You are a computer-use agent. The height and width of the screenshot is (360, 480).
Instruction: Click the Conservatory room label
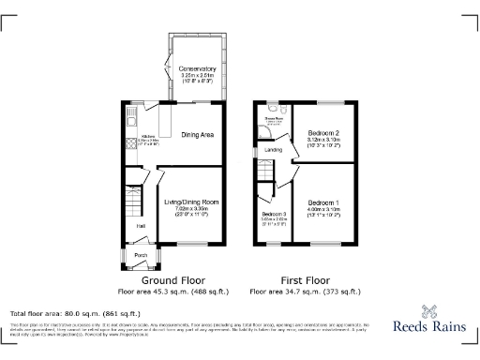pyautogui.click(x=196, y=67)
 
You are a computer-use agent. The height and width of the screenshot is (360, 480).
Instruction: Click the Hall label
pyautogui.click(x=141, y=226)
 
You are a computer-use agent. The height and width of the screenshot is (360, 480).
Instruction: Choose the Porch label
pyautogui.click(x=141, y=254)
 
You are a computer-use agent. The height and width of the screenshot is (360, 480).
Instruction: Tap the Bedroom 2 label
pyautogui.click(x=323, y=134)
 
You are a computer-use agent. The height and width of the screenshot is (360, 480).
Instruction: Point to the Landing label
pyautogui.click(x=274, y=149)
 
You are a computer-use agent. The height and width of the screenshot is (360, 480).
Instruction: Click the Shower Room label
pyautogui.click(x=273, y=118)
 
